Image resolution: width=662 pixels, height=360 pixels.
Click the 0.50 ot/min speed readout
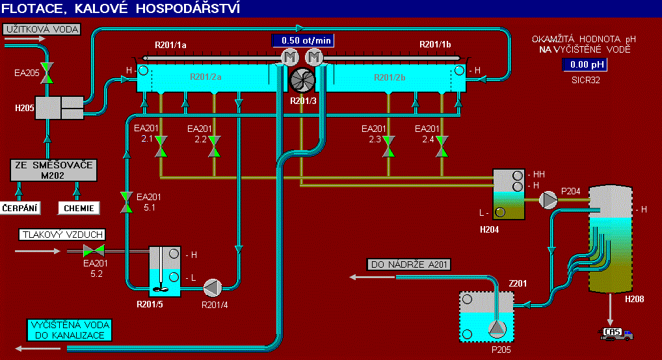tap(306, 40)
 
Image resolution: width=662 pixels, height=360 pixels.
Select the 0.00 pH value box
tap(583, 64)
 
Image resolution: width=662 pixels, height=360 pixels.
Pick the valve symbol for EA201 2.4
tap(442, 146)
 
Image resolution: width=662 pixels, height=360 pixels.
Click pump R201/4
tap(213, 287)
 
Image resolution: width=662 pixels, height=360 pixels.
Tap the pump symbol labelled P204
tap(551, 200)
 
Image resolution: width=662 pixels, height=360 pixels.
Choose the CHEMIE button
tap(79, 208)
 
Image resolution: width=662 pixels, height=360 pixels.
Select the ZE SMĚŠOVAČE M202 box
tap(53, 170)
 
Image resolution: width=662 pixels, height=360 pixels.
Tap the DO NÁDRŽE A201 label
tap(409, 264)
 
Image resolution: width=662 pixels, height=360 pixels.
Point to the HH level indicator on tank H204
tap(518, 175)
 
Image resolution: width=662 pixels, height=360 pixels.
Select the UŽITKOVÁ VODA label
tap(42, 29)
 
